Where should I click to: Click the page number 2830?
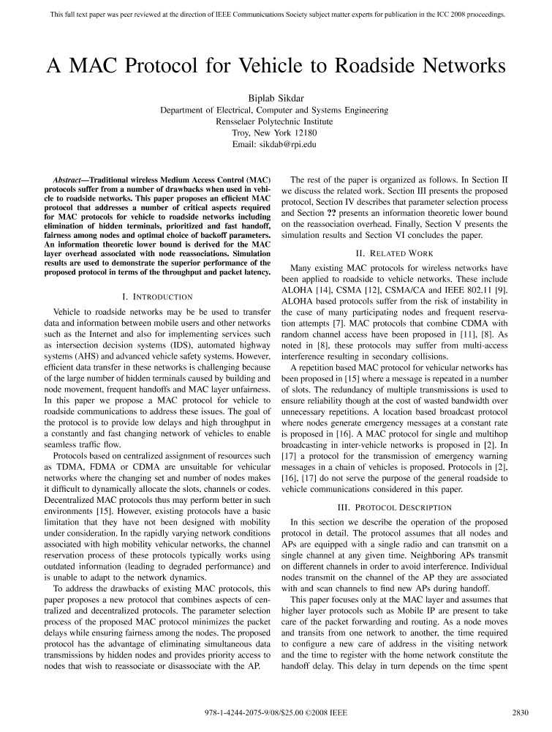coord(520,712)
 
